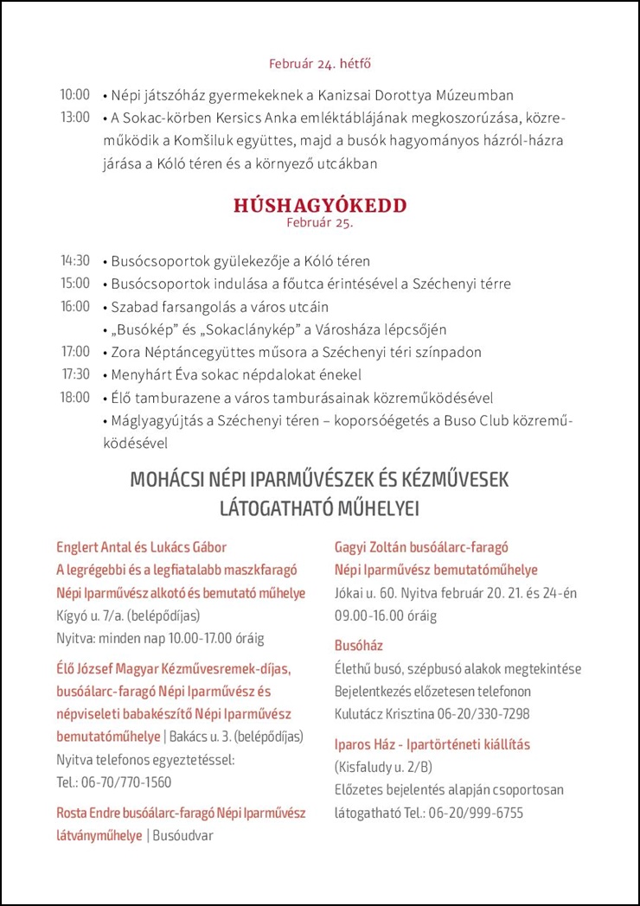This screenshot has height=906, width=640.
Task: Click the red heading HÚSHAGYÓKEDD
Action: (x=320, y=206)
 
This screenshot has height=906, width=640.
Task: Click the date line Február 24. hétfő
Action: (x=320, y=64)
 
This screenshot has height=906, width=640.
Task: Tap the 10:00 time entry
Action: (x=74, y=95)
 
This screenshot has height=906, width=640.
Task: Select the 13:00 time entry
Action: (x=74, y=118)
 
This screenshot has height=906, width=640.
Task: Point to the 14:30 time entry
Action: (x=74, y=260)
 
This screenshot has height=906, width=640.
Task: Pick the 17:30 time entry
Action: (x=74, y=374)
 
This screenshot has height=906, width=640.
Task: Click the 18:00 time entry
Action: (x=74, y=398)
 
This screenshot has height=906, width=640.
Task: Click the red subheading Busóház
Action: (x=359, y=646)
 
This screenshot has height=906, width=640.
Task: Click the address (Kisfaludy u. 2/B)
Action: (x=383, y=767)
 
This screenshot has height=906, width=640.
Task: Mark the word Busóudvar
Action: (x=182, y=836)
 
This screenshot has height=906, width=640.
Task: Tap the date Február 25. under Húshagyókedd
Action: (x=320, y=222)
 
